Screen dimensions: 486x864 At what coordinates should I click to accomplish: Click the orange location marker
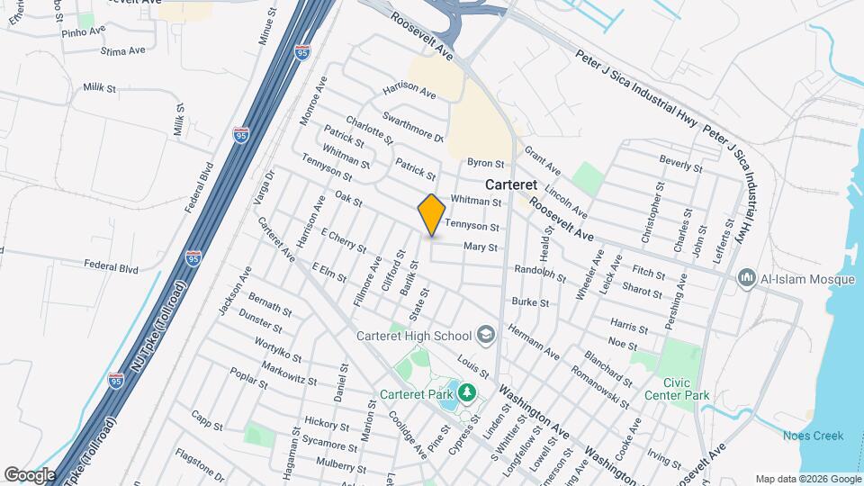click(431, 215)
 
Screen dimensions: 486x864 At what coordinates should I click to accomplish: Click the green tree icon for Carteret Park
click(466, 392)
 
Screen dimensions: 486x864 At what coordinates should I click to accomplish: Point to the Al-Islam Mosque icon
click(745, 279)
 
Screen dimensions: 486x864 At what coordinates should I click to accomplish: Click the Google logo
click(31, 474)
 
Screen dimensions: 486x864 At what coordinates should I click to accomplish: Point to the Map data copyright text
click(807, 479)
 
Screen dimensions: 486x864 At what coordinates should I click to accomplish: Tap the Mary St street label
click(481, 247)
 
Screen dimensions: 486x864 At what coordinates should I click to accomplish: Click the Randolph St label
click(539, 273)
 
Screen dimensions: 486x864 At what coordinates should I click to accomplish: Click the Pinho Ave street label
click(85, 32)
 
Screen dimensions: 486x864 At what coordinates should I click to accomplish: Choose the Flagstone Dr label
click(200, 463)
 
